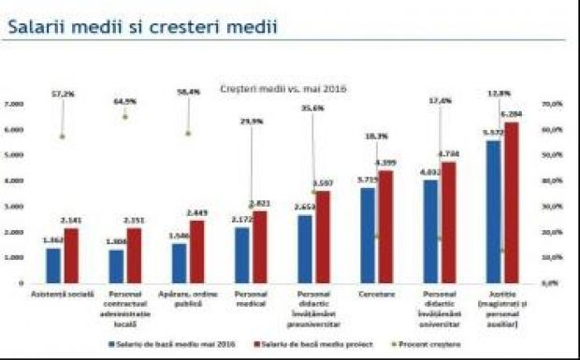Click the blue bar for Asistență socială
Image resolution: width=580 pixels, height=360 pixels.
click(53, 265)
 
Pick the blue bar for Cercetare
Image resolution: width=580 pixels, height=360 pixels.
click(368, 235)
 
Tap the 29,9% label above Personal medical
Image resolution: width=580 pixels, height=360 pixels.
click(252, 122)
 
